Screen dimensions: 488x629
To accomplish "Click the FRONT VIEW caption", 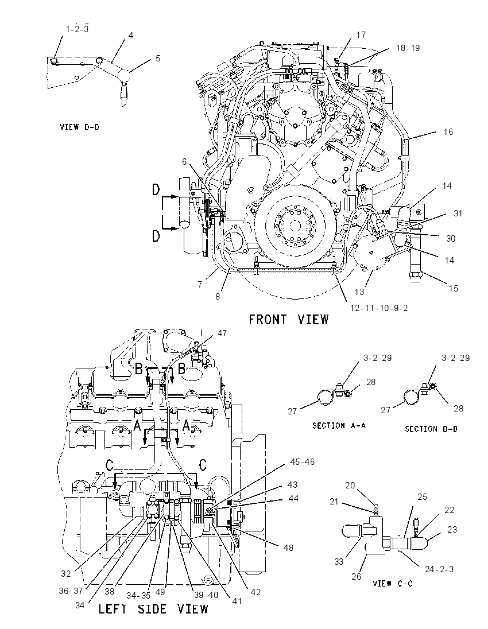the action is point(289,320).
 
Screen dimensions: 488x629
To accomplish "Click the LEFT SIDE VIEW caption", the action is point(154,609).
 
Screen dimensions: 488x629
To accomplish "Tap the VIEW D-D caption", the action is point(79,127).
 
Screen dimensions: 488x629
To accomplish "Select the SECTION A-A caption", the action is point(339,426).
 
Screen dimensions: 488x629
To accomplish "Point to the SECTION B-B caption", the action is point(431,429).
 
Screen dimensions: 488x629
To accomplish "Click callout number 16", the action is point(448,131).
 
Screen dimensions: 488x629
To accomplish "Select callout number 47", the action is point(222,333).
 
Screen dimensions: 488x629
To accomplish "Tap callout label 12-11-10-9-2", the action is point(379,308).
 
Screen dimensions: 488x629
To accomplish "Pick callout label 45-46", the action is point(302,462).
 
